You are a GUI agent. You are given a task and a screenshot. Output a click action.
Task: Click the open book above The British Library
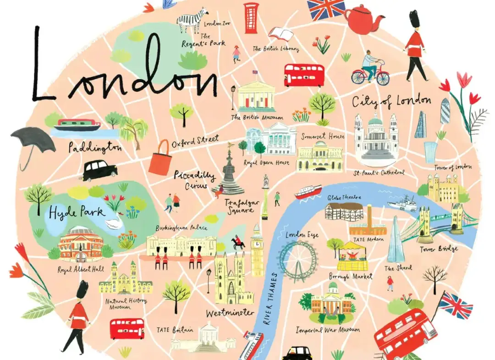280,34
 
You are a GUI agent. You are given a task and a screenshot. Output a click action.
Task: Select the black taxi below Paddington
99,170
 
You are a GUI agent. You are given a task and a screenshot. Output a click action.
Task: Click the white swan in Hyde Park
115,223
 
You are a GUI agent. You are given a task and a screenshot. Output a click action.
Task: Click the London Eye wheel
298,261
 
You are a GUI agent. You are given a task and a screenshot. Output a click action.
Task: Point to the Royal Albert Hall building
81,243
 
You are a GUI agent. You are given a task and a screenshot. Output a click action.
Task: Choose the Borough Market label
351,277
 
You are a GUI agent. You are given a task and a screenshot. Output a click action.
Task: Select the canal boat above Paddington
77,125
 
